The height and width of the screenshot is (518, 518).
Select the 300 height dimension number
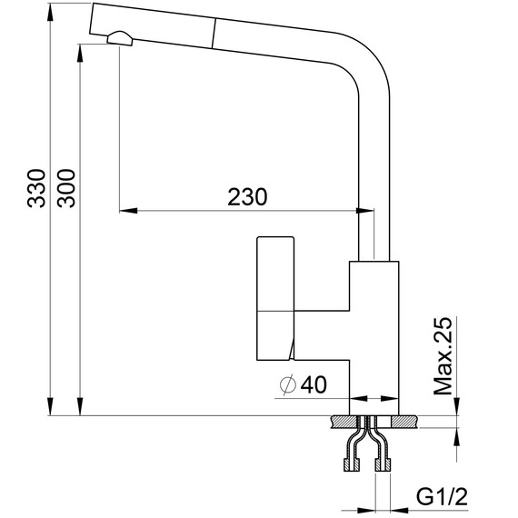click(66, 189)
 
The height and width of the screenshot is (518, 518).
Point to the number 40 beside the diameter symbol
click(313, 385)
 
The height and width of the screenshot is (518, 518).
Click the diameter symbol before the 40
click(285, 385)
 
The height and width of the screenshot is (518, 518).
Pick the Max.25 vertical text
click(443, 357)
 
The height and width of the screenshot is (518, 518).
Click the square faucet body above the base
click(374, 327)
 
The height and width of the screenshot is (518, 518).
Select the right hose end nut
click(383, 465)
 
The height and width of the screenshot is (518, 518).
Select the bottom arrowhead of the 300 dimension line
click(79, 408)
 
